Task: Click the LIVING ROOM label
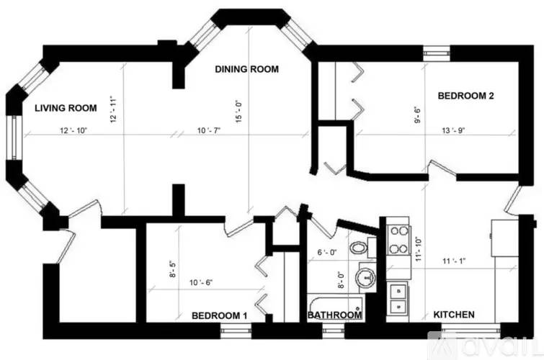66,108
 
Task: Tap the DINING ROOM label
247,69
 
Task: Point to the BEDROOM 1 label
220,315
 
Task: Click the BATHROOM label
334,315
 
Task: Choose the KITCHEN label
453,315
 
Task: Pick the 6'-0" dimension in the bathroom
329,253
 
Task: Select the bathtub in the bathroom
335,303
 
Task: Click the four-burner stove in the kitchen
397,240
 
